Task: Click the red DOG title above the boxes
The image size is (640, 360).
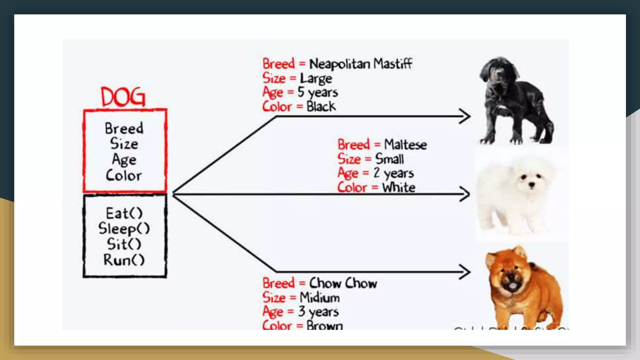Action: point(123,97)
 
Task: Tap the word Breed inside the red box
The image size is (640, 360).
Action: point(124,128)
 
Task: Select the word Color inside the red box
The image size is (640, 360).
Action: point(124,175)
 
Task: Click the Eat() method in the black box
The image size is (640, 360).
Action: point(124,213)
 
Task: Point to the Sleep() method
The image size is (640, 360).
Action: point(124,229)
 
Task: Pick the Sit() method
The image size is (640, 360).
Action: point(124,244)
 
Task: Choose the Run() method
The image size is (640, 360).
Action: point(124,260)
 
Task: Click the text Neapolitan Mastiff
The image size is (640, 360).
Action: point(361,64)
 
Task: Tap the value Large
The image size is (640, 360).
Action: point(316,78)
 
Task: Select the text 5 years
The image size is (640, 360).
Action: point(317,92)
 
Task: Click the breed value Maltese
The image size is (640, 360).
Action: point(405,145)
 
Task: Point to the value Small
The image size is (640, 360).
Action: point(389,159)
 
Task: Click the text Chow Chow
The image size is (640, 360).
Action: point(343,283)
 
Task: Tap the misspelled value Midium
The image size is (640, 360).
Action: point(320,297)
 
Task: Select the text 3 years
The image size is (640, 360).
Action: point(318,312)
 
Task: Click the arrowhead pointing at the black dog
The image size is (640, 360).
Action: point(465,116)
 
